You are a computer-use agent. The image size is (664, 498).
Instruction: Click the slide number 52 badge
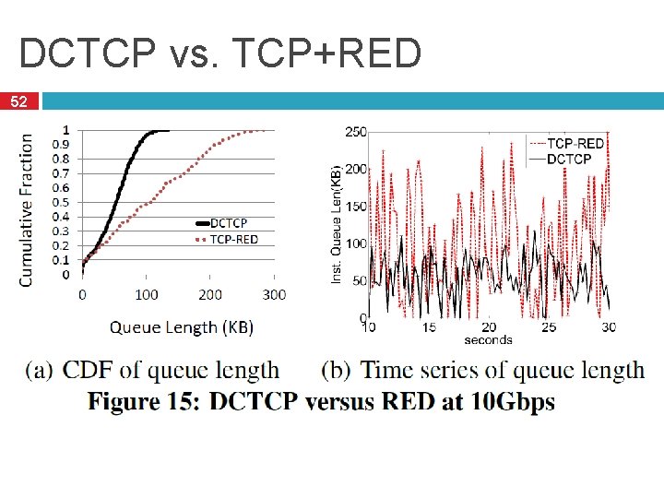(x=18, y=101)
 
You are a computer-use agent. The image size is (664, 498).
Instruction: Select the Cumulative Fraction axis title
(x=27, y=208)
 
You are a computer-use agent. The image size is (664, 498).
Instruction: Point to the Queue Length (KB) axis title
(x=182, y=326)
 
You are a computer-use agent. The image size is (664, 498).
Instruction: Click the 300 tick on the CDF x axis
(x=274, y=295)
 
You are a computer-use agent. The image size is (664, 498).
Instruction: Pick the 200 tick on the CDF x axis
(x=210, y=295)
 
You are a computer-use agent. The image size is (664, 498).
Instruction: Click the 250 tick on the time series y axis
(x=355, y=132)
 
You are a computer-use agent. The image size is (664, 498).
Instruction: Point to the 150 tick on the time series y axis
(x=355, y=207)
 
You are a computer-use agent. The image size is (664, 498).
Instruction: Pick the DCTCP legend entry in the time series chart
(x=569, y=159)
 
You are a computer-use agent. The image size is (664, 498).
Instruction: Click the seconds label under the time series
(x=488, y=340)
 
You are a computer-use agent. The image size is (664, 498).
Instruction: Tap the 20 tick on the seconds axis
(x=488, y=327)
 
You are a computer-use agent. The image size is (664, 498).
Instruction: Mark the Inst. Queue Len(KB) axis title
(x=337, y=223)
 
